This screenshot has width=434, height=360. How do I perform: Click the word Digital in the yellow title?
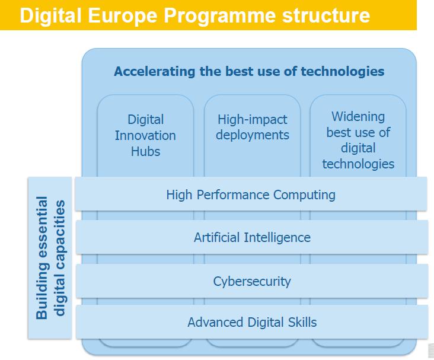(x=50, y=15)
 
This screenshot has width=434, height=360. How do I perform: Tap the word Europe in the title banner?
(x=122, y=16)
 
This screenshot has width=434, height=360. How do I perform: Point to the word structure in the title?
(x=326, y=16)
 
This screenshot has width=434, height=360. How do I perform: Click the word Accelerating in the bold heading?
(x=155, y=71)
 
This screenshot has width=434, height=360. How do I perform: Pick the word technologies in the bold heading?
(x=342, y=71)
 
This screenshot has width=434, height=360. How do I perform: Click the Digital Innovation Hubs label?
(x=146, y=135)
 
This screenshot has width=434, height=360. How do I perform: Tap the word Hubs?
(x=146, y=151)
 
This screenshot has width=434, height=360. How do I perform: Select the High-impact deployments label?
(x=253, y=127)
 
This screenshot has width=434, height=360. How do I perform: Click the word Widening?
(x=358, y=116)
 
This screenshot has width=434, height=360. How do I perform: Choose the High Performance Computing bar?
(x=251, y=194)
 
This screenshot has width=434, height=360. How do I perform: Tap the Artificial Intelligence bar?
(x=252, y=237)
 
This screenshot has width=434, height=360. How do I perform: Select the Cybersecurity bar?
(x=252, y=281)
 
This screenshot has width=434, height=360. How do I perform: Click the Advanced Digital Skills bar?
(x=252, y=322)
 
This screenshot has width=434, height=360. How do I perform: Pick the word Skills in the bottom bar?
(x=302, y=322)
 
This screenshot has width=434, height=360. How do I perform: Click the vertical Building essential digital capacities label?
(x=50, y=258)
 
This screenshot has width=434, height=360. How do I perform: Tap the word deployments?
(x=253, y=135)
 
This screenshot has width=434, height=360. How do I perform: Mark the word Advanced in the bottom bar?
(x=216, y=322)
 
